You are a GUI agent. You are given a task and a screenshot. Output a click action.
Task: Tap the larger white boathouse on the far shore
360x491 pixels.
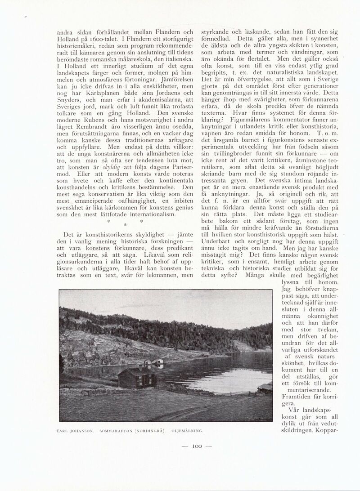[x=157, y=362]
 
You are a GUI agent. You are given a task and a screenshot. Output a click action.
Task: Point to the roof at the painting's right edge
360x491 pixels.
[x=266, y=386]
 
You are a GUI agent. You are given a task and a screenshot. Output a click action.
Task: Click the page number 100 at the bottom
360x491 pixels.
[x=196, y=446]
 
